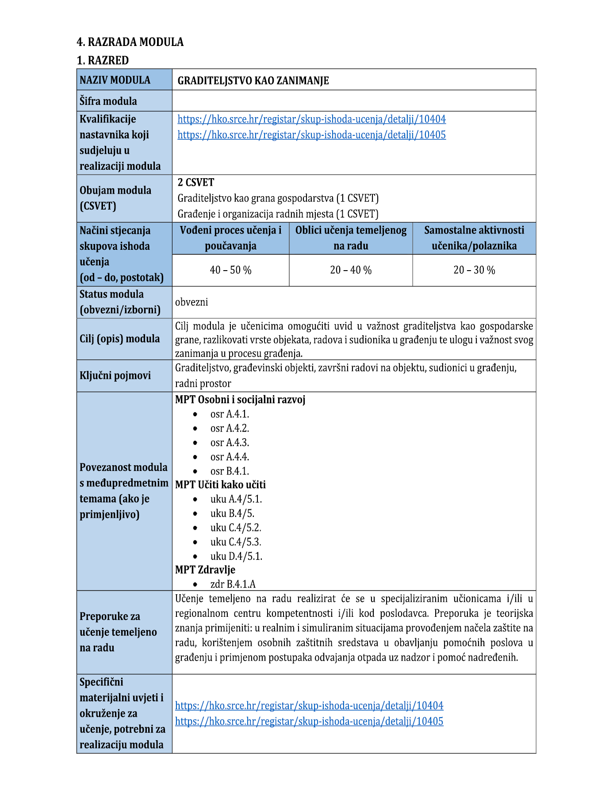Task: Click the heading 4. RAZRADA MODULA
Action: pyautogui.click(x=130, y=42)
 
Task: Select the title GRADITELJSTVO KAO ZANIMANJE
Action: pyautogui.click(x=253, y=80)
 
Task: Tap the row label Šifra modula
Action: pyautogui.click(x=108, y=101)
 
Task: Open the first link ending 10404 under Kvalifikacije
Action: pyautogui.click(x=311, y=119)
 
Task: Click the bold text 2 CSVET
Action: pyautogui.click(x=196, y=182)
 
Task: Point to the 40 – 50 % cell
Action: pyautogui.click(x=230, y=270)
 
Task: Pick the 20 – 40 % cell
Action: pyautogui.click(x=351, y=270)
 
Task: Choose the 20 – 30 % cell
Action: pyautogui.click(x=474, y=270)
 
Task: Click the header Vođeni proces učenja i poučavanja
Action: pyautogui.click(x=230, y=238)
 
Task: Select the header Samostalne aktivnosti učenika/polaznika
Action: pyautogui.click(x=474, y=238)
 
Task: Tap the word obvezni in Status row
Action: pyautogui.click(x=192, y=302)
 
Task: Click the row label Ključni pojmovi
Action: pyautogui.click(x=115, y=375)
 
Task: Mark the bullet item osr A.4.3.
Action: pyautogui.click(x=230, y=443)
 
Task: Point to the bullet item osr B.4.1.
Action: pyautogui.click(x=230, y=471)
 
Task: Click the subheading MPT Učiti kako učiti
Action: pyautogui.click(x=220, y=485)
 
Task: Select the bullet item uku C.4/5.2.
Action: pyautogui.click(x=236, y=527)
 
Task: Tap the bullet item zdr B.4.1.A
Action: pyautogui.click(x=233, y=584)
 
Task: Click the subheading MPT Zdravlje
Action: pyautogui.click(x=205, y=569)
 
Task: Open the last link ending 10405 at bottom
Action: pyautogui.click(x=309, y=721)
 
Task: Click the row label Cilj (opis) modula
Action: pyautogui.click(x=119, y=339)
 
